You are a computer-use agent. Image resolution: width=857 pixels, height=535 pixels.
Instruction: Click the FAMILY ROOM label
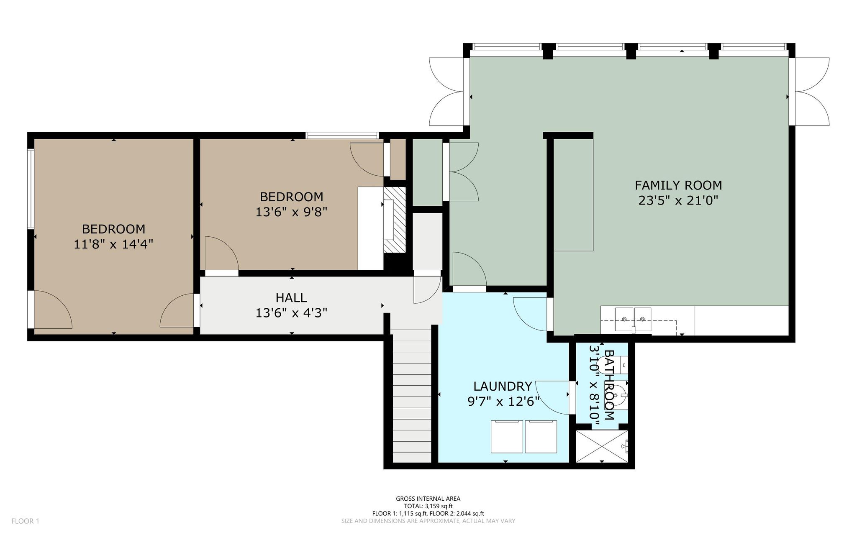point(678,185)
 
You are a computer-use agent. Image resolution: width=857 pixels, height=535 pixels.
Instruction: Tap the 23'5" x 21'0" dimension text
point(678,201)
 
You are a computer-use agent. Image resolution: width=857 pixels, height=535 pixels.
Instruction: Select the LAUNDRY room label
point(503,386)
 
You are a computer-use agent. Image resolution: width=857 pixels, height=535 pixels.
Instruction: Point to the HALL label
point(291,298)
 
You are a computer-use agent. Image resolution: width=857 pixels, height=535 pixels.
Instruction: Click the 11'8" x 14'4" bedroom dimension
point(113,244)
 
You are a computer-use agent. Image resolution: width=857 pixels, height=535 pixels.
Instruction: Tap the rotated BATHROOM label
point(610,385)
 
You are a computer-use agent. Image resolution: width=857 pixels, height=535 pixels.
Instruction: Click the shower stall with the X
point(603,446)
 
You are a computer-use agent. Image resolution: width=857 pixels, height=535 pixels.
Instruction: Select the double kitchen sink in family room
point(633,320)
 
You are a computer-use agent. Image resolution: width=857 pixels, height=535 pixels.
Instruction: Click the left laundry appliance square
point(507,437)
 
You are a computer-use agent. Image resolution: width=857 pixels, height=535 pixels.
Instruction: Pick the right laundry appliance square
point(541,437)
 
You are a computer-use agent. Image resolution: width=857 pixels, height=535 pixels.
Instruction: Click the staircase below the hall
point(412,395)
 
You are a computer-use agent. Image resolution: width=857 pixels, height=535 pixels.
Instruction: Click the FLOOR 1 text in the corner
point(25,521)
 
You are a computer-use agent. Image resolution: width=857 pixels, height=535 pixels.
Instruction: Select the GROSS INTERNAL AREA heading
point(428,499)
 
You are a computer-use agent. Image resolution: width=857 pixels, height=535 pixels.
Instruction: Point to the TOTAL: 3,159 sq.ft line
point(428,506)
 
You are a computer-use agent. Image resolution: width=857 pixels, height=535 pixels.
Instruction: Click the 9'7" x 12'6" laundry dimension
point(503,402)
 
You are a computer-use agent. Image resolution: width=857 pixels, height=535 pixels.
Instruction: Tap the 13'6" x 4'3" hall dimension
point(291,313)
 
